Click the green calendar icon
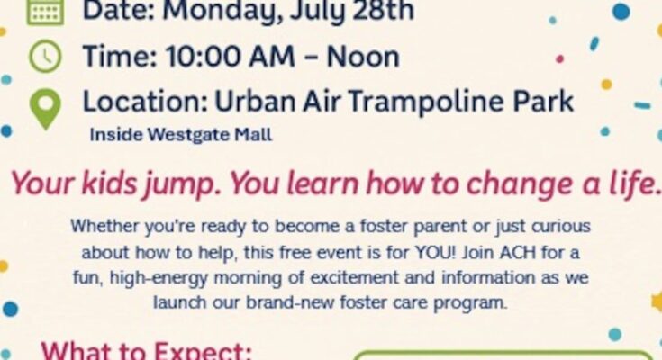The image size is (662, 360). [x=45, y=12]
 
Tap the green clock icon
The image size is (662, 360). [x=45, y=56]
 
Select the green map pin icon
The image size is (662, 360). [x=45, y=109]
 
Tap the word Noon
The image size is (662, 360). [x=363, y=57]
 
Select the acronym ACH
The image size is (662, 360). [x=518, y=253]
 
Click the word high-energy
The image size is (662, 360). [x=159, y=278]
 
